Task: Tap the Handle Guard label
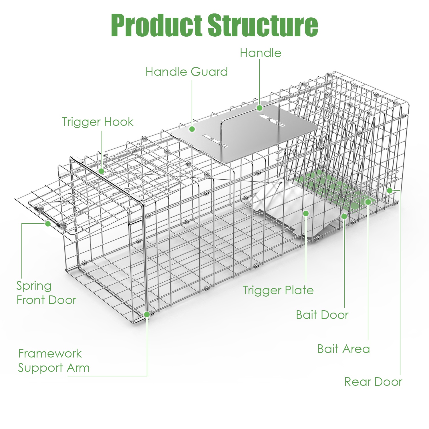click(x=186, y=72)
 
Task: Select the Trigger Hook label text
click(x=98, y=122)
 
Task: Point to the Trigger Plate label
click(x=278, y=291)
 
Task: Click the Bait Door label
click(x=322, y=315)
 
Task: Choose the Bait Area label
click(x=343, y=349)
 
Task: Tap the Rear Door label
click(x=373, y=382)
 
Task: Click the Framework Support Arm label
click(x=54, y=361)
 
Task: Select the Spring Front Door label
click(x=46, y=293)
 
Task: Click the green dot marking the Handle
click(x=259, y=108)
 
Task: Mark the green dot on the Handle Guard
click(x=192, y=129)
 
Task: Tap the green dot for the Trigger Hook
click(x=102, y=171)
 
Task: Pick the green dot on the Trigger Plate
click(x=306, y=213)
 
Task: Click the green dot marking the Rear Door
click(x=390, y=190)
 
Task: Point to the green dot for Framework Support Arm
click(x=147, y=314)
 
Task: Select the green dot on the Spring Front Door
click(x=48, y=223)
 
